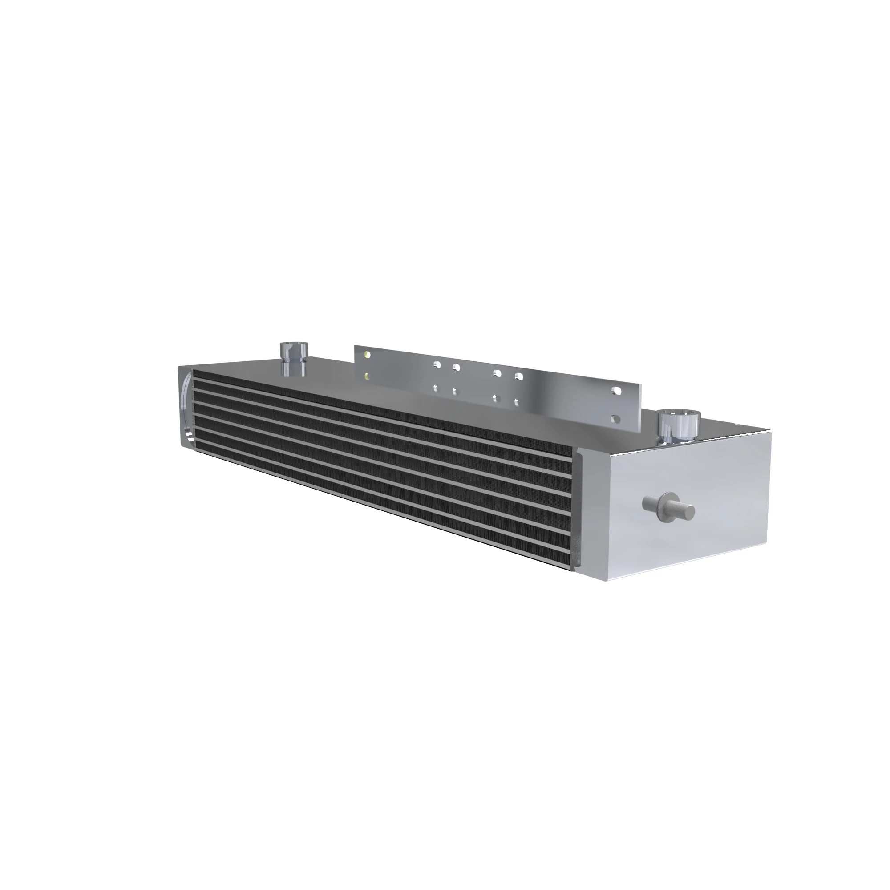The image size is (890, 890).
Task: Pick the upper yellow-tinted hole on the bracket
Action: click(x=366, y=355)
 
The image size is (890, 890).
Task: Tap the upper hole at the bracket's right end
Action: click(x=615, y=391)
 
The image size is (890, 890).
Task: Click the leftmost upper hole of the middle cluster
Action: click(x=437, y=365)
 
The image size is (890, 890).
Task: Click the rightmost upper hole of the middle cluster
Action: click(x=519, y=376)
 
